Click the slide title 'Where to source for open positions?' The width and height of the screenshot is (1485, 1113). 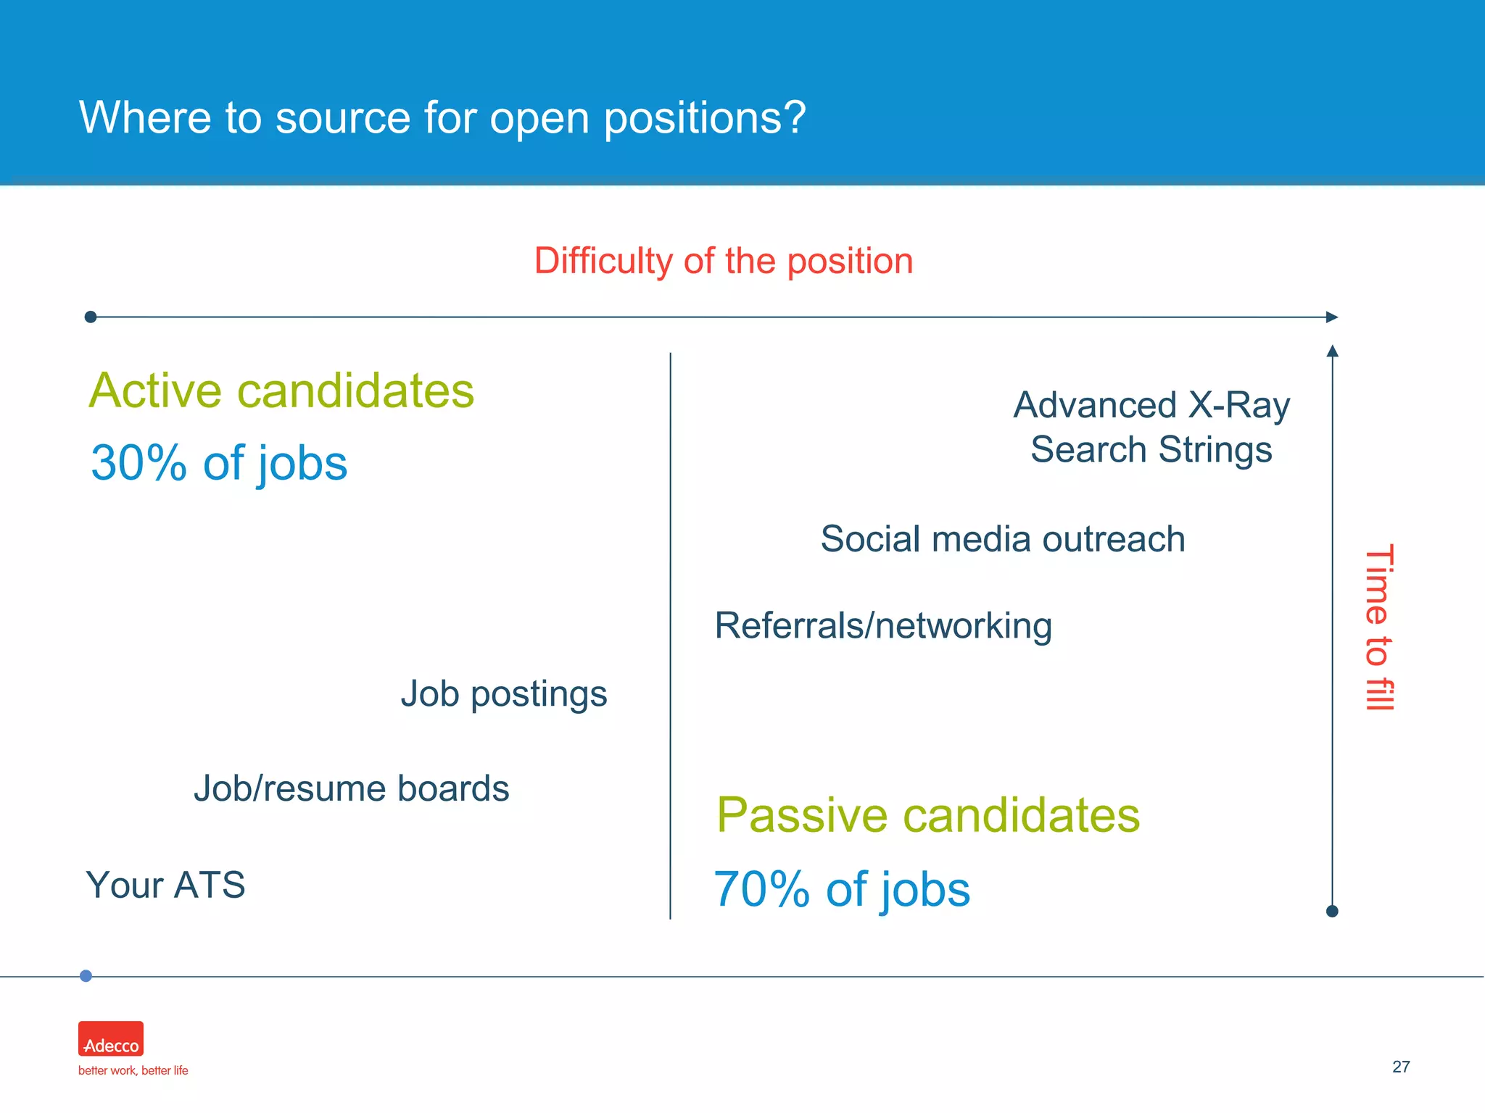[x=442, y=117]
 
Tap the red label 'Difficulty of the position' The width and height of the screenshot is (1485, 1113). [x=723, y=261]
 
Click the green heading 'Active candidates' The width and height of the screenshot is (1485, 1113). [x=281, y=391]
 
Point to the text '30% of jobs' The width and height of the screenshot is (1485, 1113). [x=219, y=463]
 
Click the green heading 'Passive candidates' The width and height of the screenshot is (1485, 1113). [x=927, y=815]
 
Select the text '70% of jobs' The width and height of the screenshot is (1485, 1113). [x=841, y=889]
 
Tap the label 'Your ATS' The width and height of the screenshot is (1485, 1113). [x=165, y=885]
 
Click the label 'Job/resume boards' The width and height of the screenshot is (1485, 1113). [x=351, y=788]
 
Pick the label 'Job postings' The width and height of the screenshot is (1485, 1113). [x=503, y=694]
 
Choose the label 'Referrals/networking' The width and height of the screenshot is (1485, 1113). [x=882, y=625]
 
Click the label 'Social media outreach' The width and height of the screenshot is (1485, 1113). [x=1002, y=539]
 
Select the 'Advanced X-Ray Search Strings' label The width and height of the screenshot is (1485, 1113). [x=1151, y=428]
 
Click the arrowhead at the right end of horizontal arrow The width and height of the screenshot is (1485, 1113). [x=1331, y=317]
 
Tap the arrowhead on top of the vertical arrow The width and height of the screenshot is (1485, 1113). [x=1332, y=351]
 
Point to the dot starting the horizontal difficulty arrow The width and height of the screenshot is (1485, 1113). [x=91, y=317]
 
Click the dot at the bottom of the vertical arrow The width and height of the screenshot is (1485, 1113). [x=1332, y=911]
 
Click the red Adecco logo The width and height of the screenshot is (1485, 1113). [x=111, y=1038]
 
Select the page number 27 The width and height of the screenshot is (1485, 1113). [x=1401, y=1067]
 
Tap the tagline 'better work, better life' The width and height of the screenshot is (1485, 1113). [x=133, y=1070]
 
